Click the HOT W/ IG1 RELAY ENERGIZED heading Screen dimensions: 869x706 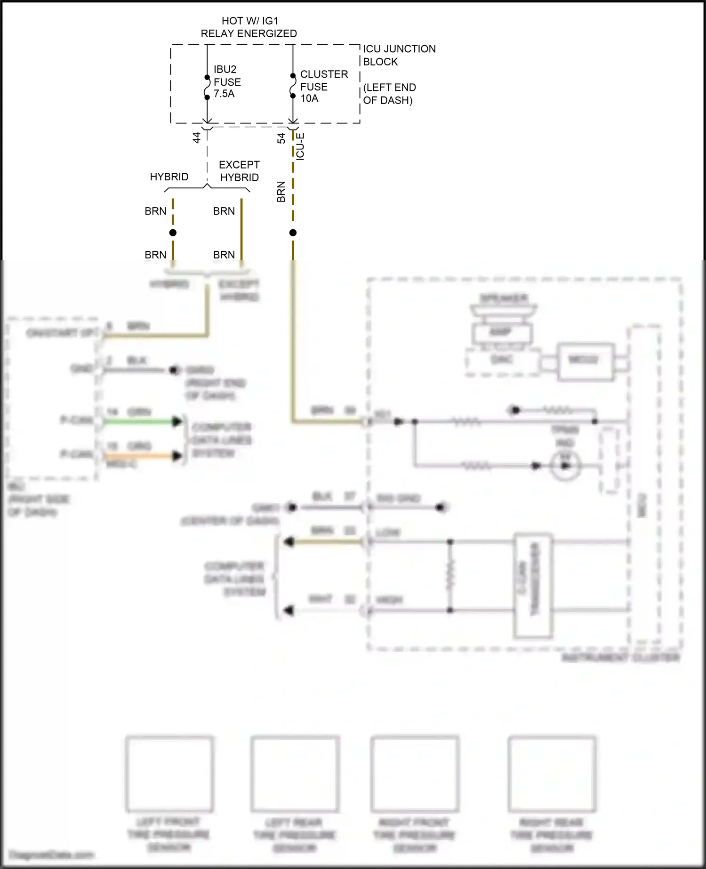click(x=249, y=27)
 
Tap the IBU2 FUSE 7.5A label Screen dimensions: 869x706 click(x=227, y=82)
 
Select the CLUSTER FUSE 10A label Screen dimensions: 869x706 click(x=324, y=87)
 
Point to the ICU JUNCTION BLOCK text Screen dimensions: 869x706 click(x=399, y=55)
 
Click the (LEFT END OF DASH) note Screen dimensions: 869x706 click(x=389, y=94)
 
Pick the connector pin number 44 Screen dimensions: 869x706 click(x=197, y=137)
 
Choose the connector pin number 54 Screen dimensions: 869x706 click(x=281, y=138)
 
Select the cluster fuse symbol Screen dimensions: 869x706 click(x=293, y=86)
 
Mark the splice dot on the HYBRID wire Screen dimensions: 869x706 click(x=173, y=233)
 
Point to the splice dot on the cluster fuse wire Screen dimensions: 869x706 click(x=293, y=233)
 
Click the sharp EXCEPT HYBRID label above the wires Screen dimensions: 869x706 click(x=239, y=171)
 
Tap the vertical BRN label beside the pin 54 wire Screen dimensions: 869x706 click(x=281, y=192)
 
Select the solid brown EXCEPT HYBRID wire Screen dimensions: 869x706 click(x=241, y=231)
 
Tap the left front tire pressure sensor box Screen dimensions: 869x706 click(x=169, y=774)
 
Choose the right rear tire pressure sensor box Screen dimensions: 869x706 click(x=552, y=774)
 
